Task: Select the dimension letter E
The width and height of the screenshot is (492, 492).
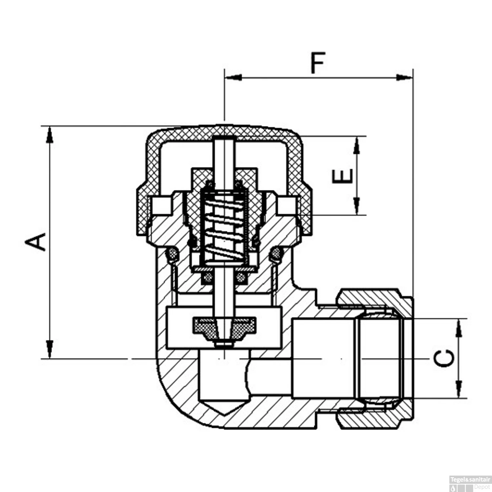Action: pyautogui.click(x=343, y=176)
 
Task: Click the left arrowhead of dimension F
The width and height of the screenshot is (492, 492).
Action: pyautogui.click(x=233, y=78)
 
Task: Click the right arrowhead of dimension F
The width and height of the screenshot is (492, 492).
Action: pyautogui.click(x=404, y=78)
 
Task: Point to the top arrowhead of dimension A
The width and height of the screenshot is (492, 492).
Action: pyautogui.click(x=50, y=134)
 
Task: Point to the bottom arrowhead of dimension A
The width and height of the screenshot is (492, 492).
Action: pyautogui.click(x=50, y=350)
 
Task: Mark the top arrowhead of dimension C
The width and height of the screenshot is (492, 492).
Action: pyautogui.click(x=459, y=328)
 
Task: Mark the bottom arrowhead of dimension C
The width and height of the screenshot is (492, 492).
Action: pyautogui.click(x=459, y=390)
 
